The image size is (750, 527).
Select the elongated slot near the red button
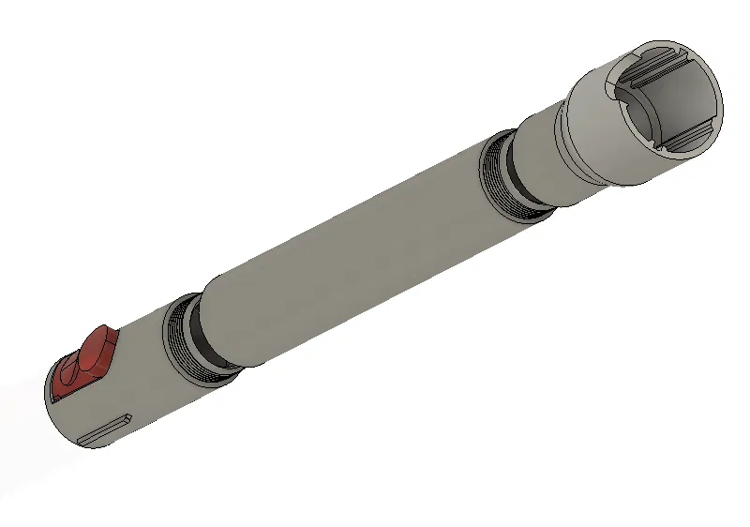[x=103, y=429]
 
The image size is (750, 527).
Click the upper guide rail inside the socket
[x=656, y=68]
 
